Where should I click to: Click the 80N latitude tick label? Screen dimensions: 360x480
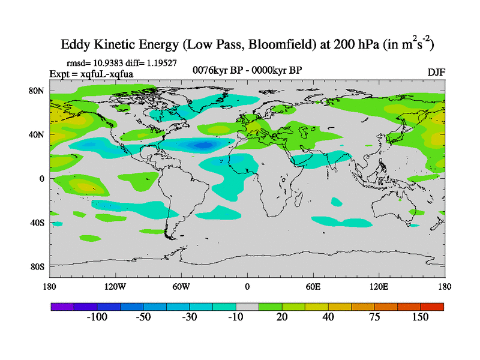click(x=38, y=91)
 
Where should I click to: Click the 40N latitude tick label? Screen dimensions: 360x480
click(x=38, y=134)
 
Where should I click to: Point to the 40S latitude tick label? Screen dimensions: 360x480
click(x=38, y=223)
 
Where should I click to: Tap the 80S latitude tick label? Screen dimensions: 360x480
click(x=38, y=266)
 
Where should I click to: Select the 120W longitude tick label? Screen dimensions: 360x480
click(x=115, y=286)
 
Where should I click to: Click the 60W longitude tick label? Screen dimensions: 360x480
click(x=181, y=286)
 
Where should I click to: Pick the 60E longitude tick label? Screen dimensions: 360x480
click(x=313, y=286)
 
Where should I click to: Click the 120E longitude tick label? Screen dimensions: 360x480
click(x=379, y=286)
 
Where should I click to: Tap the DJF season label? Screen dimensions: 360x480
click(x=436, y=72)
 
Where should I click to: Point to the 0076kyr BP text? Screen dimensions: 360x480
click(x=218, y=70)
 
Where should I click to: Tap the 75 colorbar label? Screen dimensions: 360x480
click(x=374, y=317)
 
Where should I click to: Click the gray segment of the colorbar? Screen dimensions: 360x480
click(x=247, y=307)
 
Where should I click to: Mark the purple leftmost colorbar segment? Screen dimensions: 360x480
click(x=62, y=307)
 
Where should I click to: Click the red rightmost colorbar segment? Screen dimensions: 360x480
click(x=432, y=307)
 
